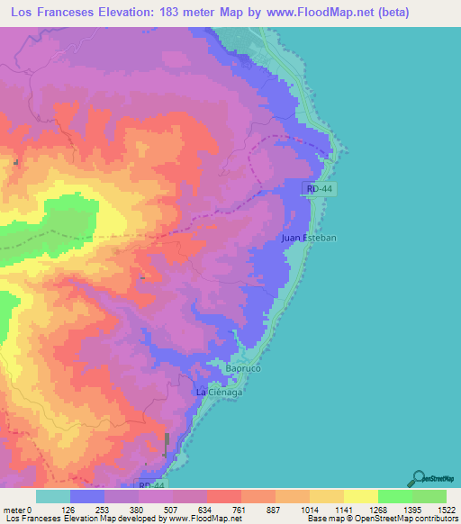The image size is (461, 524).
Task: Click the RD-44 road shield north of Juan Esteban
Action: (x=318, y=188)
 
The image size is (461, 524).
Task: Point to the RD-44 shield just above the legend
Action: (x=152, y=485)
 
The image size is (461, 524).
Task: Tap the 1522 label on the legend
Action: (x=445, y=509)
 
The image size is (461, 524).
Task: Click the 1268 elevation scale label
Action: (x=377, y=509)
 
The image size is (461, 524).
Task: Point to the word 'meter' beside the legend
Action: (x=14, y=509)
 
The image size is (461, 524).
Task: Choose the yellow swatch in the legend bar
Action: (x=361, y=496)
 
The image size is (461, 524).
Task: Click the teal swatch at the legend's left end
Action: (x=53, y=496)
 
